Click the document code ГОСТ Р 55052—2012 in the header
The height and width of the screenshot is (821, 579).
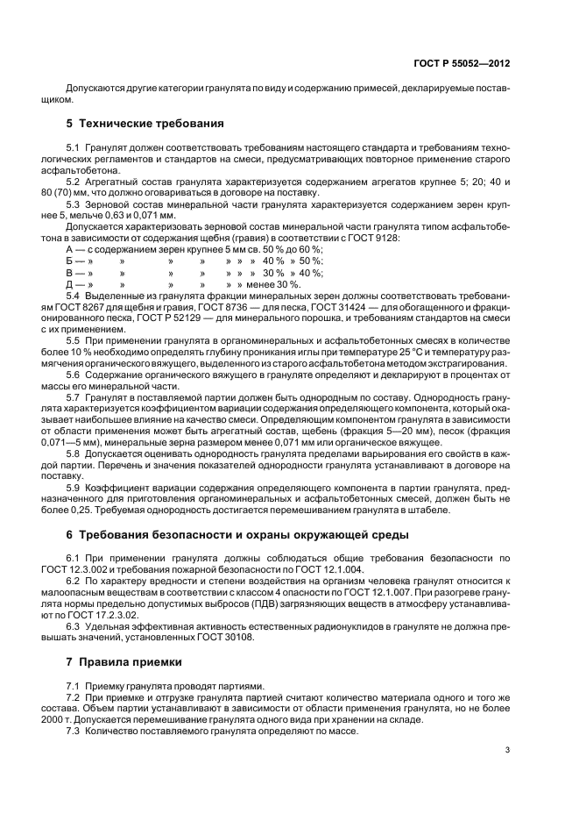click(462, 64)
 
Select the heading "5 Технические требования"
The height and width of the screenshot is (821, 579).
click(132, 123)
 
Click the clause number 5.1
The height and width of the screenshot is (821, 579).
click(74, 144)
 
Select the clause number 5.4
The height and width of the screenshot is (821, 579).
click(74, 296)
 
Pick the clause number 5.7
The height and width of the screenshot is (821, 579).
click(74, 398)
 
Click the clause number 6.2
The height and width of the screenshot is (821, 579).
click(74, 582)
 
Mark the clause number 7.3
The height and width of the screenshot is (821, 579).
click(74, 731)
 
